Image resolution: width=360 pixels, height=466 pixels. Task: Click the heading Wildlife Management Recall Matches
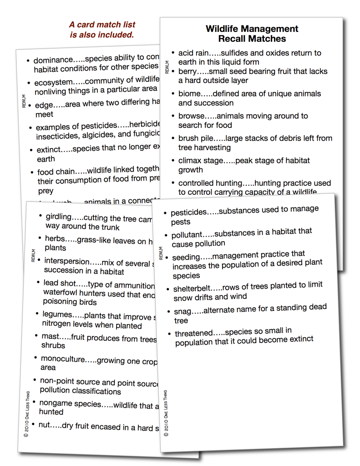(x=252, y=34)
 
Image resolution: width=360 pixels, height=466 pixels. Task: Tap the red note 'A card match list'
(x=102, y=25)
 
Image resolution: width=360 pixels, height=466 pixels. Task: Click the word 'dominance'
(x=53, y=60)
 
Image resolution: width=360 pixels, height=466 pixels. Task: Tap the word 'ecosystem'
(x=53, y=83)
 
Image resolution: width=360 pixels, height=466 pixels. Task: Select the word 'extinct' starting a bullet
(x=48, y=149)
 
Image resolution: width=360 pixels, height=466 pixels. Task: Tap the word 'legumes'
(x=57, y=314)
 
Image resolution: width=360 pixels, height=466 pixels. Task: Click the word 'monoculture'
(x=63, y=359)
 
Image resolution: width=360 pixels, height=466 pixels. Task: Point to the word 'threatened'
(x=194, y=334)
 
